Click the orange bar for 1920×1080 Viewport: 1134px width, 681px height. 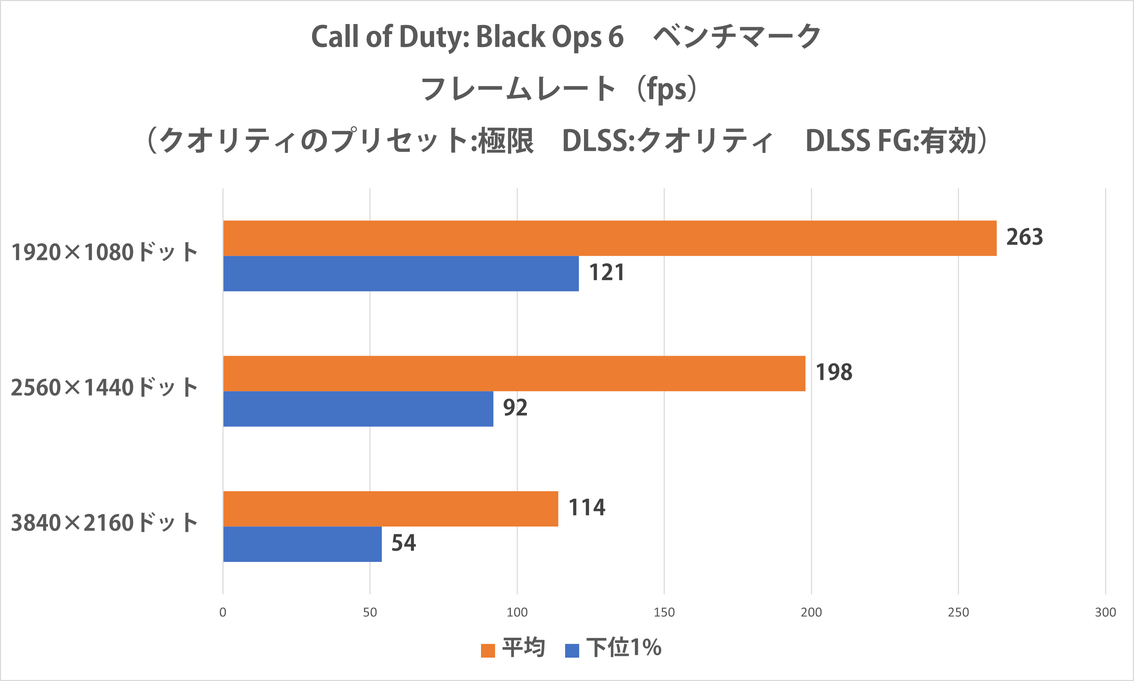click(610, 238)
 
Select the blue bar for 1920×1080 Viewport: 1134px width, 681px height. click(401, 273)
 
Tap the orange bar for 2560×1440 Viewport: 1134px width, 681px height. click(514, 374)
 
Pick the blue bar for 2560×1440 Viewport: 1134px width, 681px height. click(358, 409)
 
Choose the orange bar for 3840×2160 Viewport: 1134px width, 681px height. click(391, 509)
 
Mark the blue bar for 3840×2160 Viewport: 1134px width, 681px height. click(302, 544)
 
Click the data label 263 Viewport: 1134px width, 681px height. click(1024, 237)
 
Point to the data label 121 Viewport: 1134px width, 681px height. click(606, 273)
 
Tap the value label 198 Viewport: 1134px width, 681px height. click(834, 372)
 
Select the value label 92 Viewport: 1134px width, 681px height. click(515, 408)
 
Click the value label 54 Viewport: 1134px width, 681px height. click(404, 543)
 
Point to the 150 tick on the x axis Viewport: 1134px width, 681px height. click(664, 612)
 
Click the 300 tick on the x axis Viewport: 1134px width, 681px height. click(1105, 612)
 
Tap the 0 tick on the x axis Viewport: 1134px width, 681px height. click(223, 612)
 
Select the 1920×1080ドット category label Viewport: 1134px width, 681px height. click(105, 252)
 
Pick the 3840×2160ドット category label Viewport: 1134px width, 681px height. click(105, 523)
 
